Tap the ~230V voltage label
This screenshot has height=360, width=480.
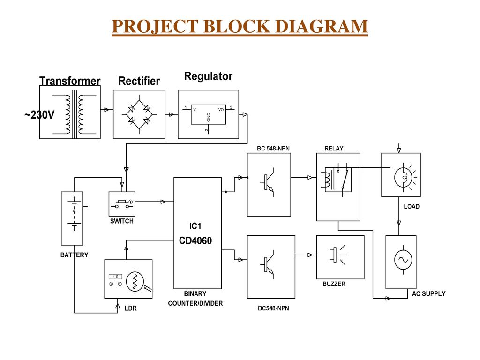pyautogui.click(x=39, y=115)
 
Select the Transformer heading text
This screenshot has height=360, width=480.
pyautogui.click(x=70, y=81)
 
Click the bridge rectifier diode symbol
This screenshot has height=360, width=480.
pyautogui.click(x=139, y=114)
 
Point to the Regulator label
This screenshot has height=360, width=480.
pyautogui.click(x=208, y=76)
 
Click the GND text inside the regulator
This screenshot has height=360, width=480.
pyautogui.click(x=209, y=118)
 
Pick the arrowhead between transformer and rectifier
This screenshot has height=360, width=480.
pyautogui.click(x=107, y=110)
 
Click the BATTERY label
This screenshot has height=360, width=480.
pyautogui.click(x=74, y=255)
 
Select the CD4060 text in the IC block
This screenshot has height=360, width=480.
pyautogui.click(x=195, y=241)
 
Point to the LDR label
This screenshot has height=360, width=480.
pyautogui.click(x=130, y=308)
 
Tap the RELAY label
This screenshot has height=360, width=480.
pyautogui.click(x=334, y=148)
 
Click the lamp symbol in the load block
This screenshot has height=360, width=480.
pyautogui.click(x=402, y=177)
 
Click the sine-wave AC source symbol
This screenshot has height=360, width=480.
pyautogui.click(x=402, y=259)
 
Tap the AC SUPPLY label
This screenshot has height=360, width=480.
pyautogui.click(x=428, y=294)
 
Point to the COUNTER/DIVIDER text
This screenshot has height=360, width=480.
pyautogui.click(x=195, y=303)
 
